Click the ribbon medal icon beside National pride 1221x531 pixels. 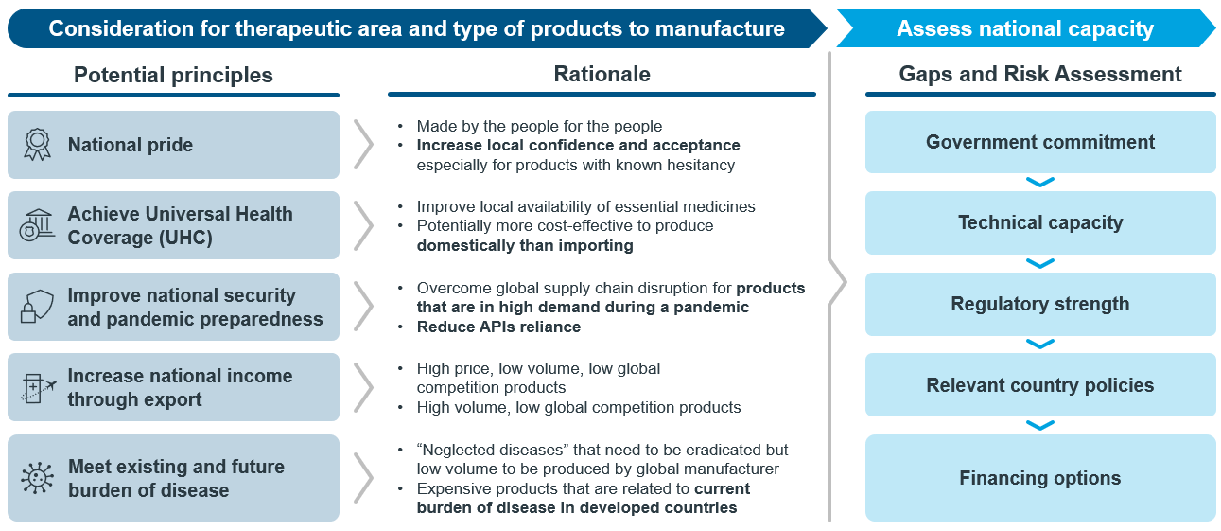pyautogui.click(x=37, y=144)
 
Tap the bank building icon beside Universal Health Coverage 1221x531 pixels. pyautogui.click(x=37, y=225)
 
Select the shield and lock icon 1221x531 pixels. pyautogui.click(x=37, y=306)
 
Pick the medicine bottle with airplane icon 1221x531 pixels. pyautogui.click(x=38, y=388)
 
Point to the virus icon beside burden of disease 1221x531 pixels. pyautogui.click(x=37, y=478)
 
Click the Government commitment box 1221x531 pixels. pyautogui.click(x=1040, y=142)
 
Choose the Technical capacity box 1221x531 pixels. pyautogui.click(x=1040, y=222)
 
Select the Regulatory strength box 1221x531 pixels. pyautogui.click(x=1040, y=304)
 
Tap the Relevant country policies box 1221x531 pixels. pyautogui.click(x=1040, y=384)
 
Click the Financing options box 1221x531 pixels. pyautogui.click(x=1040, y=478)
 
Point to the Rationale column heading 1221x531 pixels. pyautogui.click(x=602, y=74)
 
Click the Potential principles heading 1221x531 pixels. pyautogui.click(x=173, y=76)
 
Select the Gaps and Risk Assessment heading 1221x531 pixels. pyautogui.click(x=1040, y=74)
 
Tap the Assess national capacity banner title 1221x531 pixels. pyautogui.click(x=1025, y=28)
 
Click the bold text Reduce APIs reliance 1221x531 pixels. pyautogui.click(x=498, y=327)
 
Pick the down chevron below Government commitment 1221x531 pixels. pyautogui.click(x=1040, y=182)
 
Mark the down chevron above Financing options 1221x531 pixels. pyautogui.click(x=1040, y=425)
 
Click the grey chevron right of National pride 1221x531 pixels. pyautogui.click(x=364, y=145)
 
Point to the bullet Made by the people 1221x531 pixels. pyautogui.click(x=539, y=126)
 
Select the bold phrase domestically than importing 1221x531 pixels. pyautogui.click(x=525, y=245)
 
